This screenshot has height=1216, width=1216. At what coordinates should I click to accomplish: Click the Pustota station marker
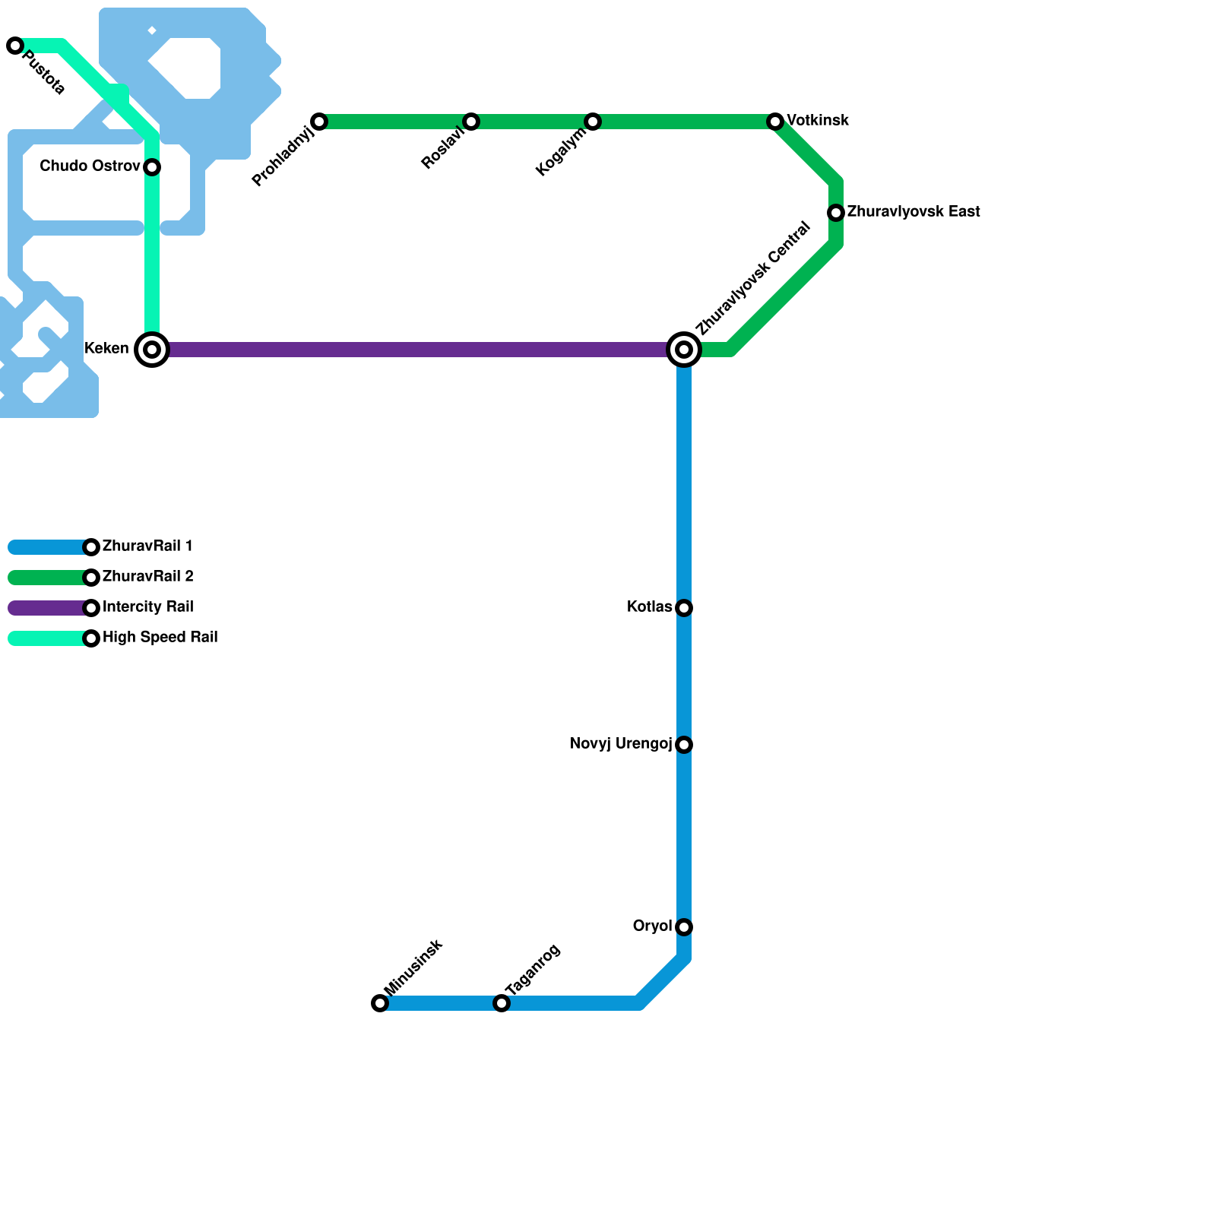15,46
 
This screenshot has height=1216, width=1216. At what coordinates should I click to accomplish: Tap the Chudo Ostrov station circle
152,167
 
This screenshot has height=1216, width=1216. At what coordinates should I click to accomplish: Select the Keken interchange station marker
152,350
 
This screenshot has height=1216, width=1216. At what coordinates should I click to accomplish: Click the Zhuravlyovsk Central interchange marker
684,350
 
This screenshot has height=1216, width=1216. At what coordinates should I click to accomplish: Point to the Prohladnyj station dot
319,122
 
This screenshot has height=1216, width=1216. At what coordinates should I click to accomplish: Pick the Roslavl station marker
471,122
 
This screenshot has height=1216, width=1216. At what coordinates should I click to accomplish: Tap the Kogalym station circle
593,122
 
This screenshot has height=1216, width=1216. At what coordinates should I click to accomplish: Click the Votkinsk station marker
775,122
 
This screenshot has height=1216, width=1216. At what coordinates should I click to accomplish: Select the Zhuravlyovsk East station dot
836,213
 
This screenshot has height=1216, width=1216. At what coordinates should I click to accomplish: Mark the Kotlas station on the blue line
684,608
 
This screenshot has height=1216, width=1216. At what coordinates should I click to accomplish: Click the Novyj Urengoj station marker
684,745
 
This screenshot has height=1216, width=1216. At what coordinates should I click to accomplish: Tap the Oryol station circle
684,927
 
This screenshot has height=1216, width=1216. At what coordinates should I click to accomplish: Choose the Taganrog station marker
502,1003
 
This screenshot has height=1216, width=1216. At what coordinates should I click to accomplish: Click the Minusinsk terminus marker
380,1003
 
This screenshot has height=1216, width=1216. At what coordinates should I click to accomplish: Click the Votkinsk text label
818,121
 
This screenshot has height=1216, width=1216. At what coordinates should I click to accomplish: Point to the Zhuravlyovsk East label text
913,212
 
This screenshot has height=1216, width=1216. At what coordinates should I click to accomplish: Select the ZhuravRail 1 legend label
147,546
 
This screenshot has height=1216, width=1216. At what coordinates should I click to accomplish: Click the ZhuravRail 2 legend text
147,577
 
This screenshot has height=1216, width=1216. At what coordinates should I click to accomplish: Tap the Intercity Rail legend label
147,607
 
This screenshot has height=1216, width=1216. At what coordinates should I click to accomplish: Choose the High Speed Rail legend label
160,638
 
